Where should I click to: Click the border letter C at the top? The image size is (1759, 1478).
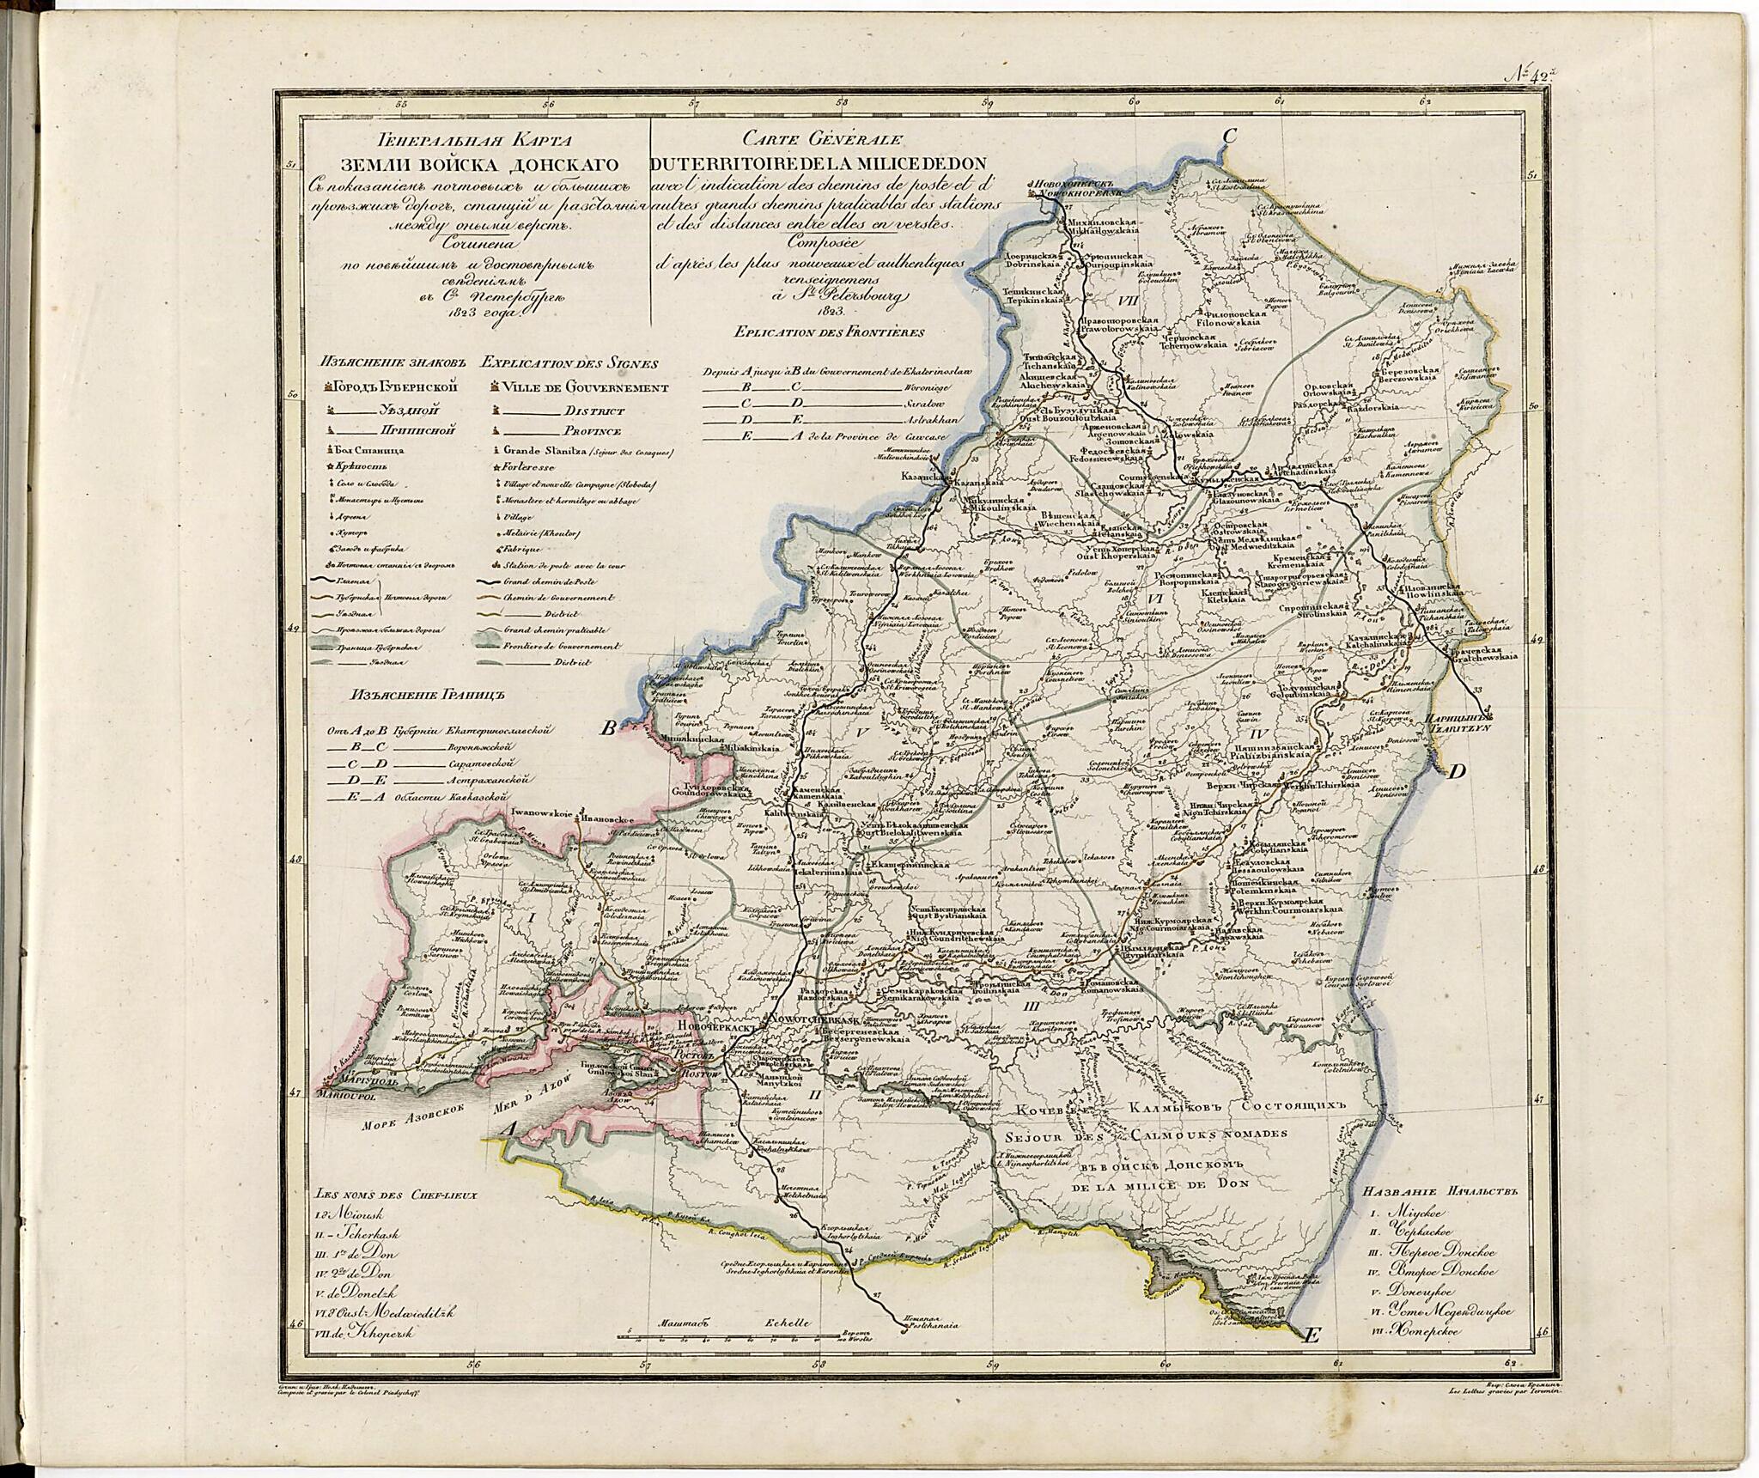(1228, 136)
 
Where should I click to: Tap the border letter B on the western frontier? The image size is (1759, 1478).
(607, 729)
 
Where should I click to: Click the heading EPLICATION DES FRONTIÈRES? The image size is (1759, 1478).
(829, 331)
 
